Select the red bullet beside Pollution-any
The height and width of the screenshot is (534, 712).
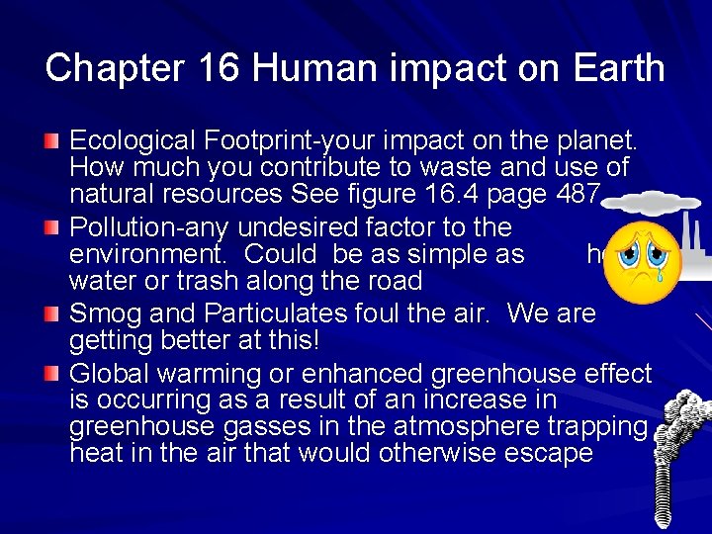point(56,230)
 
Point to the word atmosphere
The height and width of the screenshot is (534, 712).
point(484,427)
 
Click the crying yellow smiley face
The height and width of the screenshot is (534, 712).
point(641,263)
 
